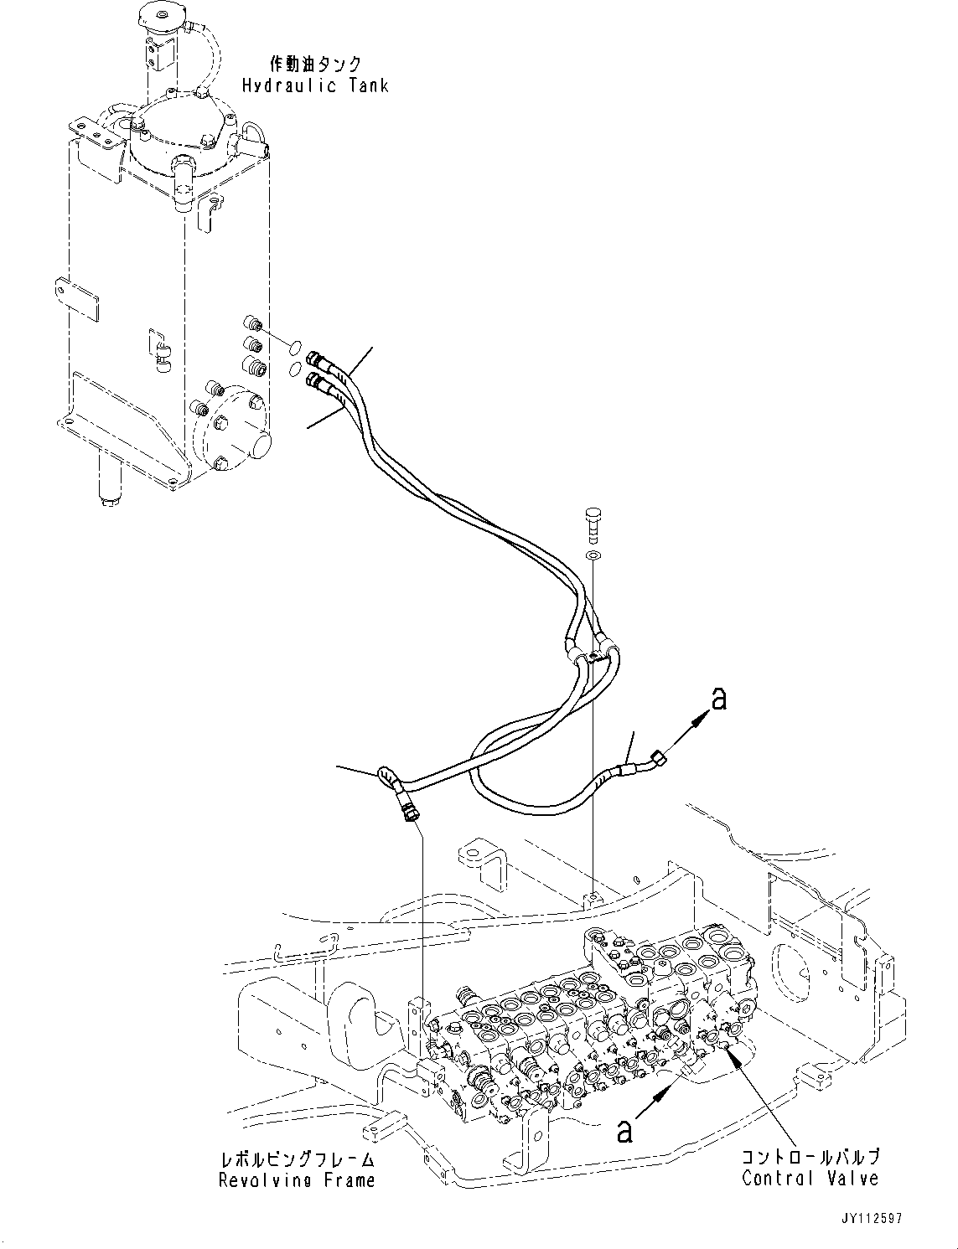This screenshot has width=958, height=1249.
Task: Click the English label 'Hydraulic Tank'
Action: pos(315,85)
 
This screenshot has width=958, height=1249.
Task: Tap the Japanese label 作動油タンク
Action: pos(315,65)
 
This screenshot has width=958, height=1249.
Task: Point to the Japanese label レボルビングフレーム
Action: pos(297,1159)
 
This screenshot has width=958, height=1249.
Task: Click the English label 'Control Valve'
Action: pos(810,1178)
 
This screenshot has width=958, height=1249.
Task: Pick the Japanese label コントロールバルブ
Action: pos(810,1157)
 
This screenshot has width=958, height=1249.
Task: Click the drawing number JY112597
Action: pos(867,1219)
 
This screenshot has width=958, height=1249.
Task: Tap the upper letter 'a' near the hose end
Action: pos(718,698)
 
